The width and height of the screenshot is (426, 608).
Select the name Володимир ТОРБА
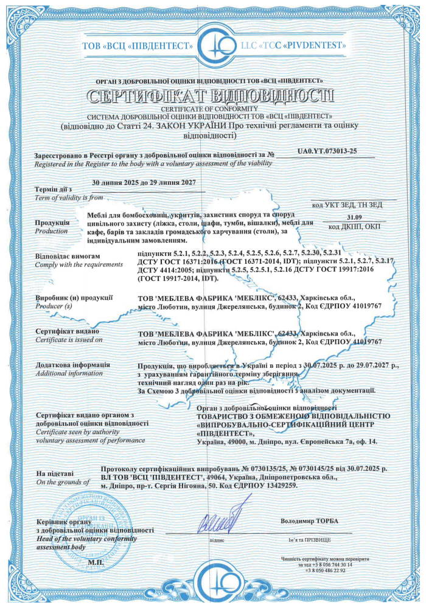pos(309,522)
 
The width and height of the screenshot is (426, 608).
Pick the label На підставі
pos(55,472)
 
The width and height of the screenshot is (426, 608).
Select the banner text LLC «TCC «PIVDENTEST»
pos(291,46)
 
